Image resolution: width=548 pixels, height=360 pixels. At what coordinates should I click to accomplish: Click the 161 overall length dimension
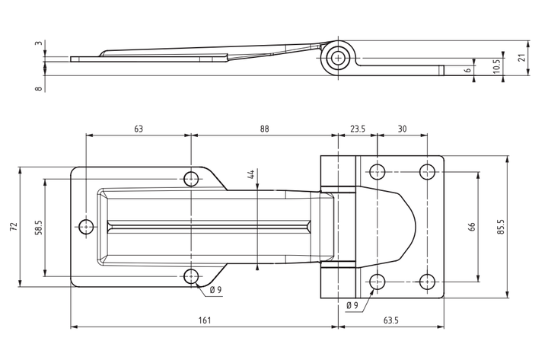(x=205, y=320)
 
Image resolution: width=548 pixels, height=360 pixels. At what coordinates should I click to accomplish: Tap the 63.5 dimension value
(x=390, y=320)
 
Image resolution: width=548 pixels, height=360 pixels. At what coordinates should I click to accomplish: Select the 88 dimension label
(x=265, y=129)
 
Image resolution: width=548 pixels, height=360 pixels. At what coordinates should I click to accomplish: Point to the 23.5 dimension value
(x=358, y=129)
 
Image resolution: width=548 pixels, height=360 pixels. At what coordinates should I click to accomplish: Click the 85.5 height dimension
(x=501, y=227)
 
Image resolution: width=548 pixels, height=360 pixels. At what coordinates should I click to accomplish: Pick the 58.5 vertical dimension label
(x=39, y=227)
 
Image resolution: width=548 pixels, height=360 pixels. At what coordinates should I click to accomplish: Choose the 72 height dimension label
(x=14, y=227)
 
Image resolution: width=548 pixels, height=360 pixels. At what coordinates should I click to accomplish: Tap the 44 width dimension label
(x=250, y=174)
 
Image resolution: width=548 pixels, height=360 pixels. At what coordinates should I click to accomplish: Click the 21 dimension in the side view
(x=522, y=58)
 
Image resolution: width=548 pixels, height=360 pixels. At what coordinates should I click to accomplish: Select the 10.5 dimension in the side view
(x=496, y=65)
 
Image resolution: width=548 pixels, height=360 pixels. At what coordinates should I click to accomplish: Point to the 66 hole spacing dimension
(x=471, y=227)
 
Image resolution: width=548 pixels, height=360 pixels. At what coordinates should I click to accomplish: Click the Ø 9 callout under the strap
(x=215, y=290)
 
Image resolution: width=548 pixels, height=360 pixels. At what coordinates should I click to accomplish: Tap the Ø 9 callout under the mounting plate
(x=352, y=305)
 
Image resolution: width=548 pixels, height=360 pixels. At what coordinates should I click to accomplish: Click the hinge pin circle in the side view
(x=338, y=58)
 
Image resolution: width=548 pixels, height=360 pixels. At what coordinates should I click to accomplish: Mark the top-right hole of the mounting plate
(x=427, y=172)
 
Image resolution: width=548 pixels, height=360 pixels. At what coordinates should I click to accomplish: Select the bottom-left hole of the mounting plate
(x=378, y=282)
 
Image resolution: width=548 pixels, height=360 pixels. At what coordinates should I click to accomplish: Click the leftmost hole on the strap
(x=86, y=227)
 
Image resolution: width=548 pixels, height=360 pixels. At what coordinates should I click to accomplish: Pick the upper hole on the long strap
(x=191, y=179)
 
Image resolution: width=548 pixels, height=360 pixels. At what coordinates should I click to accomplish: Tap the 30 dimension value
(x=403, y=129)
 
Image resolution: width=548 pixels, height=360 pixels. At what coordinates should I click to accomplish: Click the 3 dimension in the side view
(x=39, y=43)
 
